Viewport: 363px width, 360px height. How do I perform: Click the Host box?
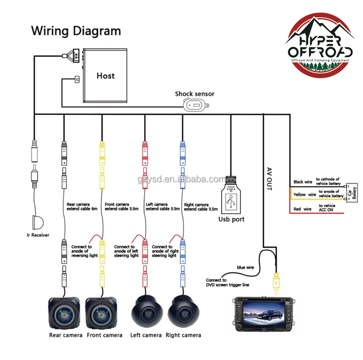coord(106,75)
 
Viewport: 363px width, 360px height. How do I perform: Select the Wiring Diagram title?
coord(76,31)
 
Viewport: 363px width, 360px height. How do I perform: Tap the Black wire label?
coord(303,182)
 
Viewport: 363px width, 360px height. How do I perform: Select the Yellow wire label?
coord(305,194)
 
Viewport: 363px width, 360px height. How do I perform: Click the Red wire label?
coord(302,209)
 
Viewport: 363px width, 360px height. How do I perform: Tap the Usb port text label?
coord(231,219)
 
